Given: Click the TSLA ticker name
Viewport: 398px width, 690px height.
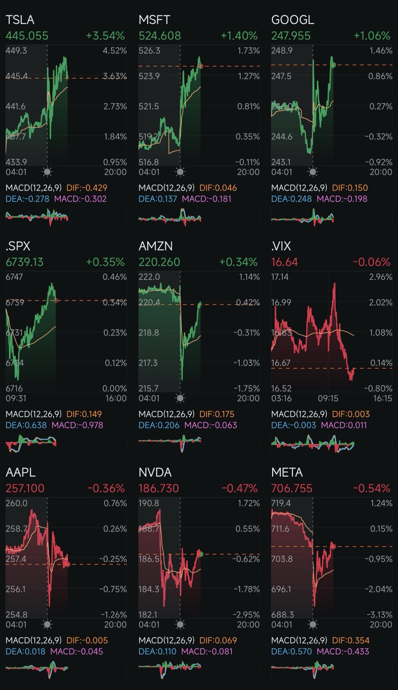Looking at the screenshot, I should pyautogui.click(x=20, y=20).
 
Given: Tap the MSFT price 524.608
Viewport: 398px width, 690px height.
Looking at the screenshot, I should pyautogui.click(x=160, y=36).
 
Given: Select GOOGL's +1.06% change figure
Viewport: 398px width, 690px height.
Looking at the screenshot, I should pyautogui.click(x=372, y=36).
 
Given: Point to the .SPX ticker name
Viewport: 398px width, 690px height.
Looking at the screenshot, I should pyautogui.click(x=18, y=246).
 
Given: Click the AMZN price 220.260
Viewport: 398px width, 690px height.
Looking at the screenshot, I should pyautogui.click(x=159, y=262).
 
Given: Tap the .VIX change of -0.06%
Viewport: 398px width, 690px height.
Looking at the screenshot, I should pyautogui.click(x=371, y=262).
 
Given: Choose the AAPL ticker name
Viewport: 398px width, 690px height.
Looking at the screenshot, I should pyautogui.click(x=21, y=472).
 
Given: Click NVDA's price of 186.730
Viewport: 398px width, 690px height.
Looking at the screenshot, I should pyautogui.click(x=159, y=488).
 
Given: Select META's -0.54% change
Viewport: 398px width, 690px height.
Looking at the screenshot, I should pyautogui.click(x=371, y=488).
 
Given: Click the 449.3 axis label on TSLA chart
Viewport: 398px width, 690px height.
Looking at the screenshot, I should pyautogui.click(x=16, y=51).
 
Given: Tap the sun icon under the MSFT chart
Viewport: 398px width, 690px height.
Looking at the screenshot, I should pyautogui.click(x=180, y=172).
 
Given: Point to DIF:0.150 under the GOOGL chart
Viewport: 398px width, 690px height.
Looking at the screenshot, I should pyautogui.click(x=350, y=188).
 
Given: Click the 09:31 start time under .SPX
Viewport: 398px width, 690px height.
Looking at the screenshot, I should pyautogui.click(x=16, y=398).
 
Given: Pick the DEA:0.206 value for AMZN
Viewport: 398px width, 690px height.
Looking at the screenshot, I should pyautogui.click(x=159, y=425).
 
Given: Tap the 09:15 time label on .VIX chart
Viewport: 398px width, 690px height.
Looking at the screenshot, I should pyautogui.click(x=328, y=398).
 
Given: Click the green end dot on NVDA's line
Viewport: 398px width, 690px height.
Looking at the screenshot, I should pyautogui.click(x=200, y=554).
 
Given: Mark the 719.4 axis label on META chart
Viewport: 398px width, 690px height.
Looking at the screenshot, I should pyautogui.click(x=281, y=503).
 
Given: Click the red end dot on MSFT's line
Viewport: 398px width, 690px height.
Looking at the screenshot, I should pyautogui.click(x=201, y=66).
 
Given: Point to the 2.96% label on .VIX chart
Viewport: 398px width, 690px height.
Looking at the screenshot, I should pyautogui.click(x=381, y=277).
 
